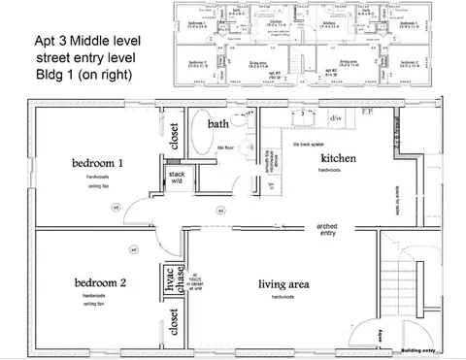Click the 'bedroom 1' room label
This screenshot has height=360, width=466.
pyautogui.click(x=97, y=162)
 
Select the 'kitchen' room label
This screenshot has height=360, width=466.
pyautogui.click(x=341, y=157)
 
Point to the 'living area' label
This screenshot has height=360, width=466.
pyautogui.click(x=283, y=284)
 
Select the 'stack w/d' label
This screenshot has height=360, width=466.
pyautogui.click(x=177, y=177)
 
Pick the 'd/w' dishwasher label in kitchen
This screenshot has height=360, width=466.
pyautogui.click(x=336, y=118)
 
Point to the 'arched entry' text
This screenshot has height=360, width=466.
pyautogui.click(x=327, y=230)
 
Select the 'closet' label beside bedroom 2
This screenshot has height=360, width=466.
pyautogui.click(x=175, y=323)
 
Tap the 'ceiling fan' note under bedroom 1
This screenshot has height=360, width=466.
pyautogui.click(x=93, y=184)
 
